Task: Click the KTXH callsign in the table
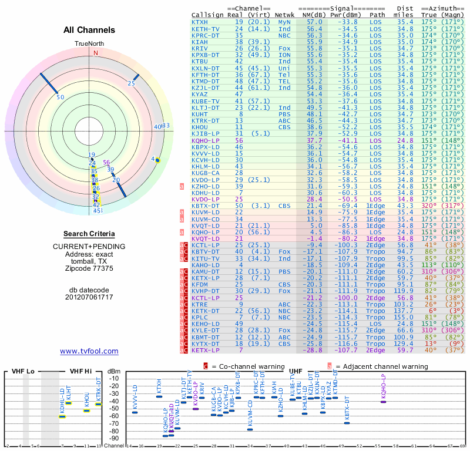[x=200, y=22]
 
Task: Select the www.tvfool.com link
[x=89, y=351]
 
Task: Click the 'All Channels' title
[x=89, y=30]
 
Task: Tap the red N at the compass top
[x=95, y=52]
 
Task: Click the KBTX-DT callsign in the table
[x=205, y=206]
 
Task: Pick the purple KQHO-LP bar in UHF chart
[x=383, y=401]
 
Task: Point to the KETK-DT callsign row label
[x=205, y=311]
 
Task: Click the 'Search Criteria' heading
[x=89, y=234]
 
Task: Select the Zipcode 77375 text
[x=89, y=268]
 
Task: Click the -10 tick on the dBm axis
[x=114, y=378]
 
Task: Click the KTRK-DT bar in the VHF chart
[x=99, y=404]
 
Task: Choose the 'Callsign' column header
[x=207, y=15]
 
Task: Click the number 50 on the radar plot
[x=60, y=97]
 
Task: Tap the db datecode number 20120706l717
[x=89, y=297]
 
